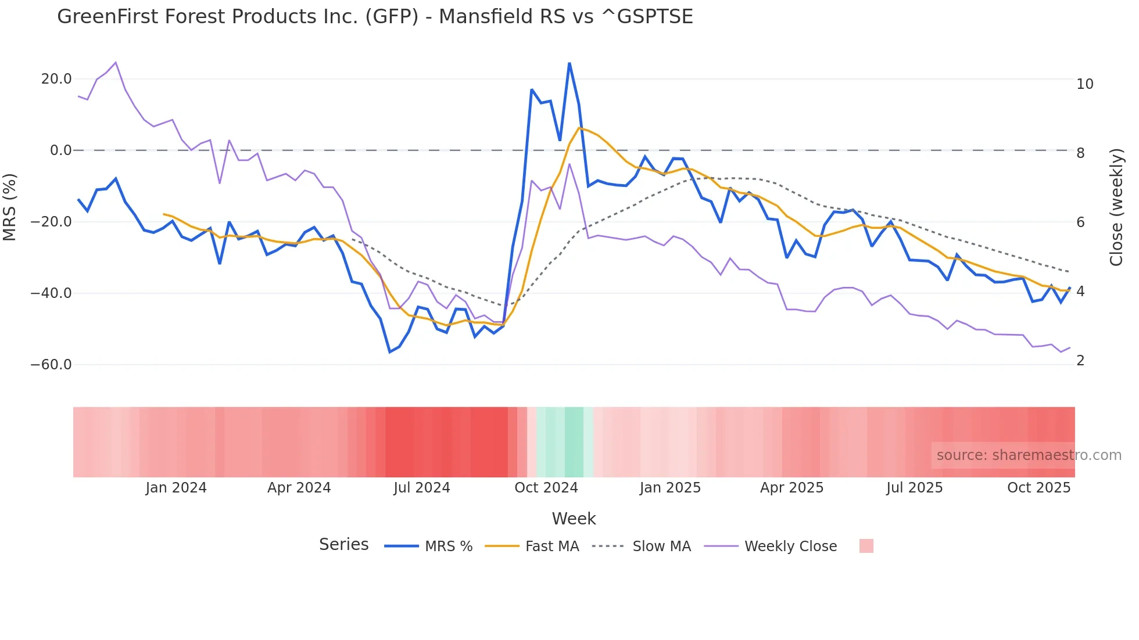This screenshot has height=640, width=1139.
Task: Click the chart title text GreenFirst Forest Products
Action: point(375,17)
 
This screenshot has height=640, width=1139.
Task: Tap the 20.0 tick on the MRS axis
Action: point(56,79)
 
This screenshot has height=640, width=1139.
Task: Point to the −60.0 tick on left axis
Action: point(51,365)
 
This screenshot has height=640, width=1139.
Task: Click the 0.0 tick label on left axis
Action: point(60,150)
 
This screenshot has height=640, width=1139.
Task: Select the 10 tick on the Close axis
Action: point(1084,84)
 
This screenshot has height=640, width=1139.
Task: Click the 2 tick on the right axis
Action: point(1080,361)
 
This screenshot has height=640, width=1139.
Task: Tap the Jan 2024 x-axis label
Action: point(176,488)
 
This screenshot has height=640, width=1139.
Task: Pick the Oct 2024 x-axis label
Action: point(546,488)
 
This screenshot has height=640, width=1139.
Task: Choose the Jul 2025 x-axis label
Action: point(914,488)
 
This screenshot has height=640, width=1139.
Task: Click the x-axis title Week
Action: point(574,519)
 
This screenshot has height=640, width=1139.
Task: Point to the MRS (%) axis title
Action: point(10,207)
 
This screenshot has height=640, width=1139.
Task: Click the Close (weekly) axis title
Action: point(1116,207)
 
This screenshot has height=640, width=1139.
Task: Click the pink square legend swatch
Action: point(866,546)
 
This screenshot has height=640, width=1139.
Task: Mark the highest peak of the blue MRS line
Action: point(569,63)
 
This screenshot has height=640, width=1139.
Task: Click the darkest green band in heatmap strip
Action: point(574,442)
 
